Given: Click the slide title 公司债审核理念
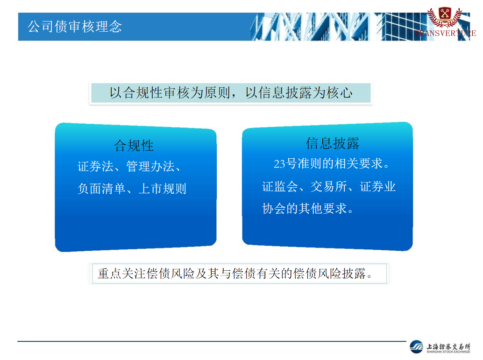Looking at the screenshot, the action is [75, 27].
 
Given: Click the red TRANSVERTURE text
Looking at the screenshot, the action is [445, 33].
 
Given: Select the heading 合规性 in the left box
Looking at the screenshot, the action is [134, 146].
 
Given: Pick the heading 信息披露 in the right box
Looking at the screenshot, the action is [333, 143].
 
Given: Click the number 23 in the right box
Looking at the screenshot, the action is [279, 163].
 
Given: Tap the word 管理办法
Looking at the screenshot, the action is [150, 167].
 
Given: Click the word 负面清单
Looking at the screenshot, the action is [101, 189].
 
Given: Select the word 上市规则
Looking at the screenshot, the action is [163, 189].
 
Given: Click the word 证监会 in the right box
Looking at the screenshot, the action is [280, 186].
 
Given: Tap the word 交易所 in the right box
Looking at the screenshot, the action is [329, 186].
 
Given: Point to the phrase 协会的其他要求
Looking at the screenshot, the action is [305, 209].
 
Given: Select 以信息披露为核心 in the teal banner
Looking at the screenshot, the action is [299, 93].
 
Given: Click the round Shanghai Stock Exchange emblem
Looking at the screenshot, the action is [417, 347].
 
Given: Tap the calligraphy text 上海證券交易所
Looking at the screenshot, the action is [448, 346].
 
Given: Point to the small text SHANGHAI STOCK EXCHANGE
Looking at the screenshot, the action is [448, 352].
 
